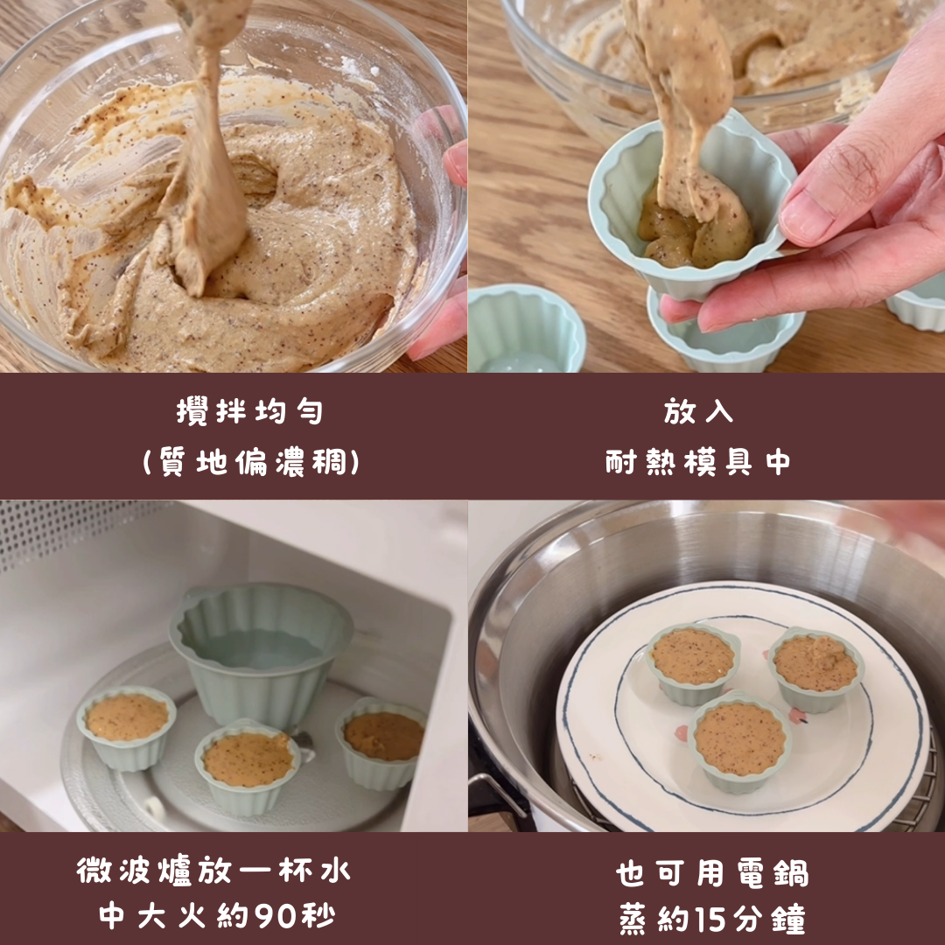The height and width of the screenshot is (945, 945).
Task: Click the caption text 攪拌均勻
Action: tap(249, 412)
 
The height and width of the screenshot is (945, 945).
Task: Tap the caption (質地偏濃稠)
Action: tap(251, 463)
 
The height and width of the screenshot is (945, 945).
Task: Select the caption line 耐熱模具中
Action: tap(698, 463)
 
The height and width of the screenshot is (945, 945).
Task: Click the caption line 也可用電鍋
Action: tap(711, 873)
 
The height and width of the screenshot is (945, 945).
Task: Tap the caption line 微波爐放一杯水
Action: tap(213, 871)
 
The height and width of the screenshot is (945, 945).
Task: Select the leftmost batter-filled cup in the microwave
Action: tap(127, 727)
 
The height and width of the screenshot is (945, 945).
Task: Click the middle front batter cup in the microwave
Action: tap(247, 766)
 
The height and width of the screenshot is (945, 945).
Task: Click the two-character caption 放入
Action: tap(698, 412)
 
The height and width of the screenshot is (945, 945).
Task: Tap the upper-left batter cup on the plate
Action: tap(692, 664)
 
